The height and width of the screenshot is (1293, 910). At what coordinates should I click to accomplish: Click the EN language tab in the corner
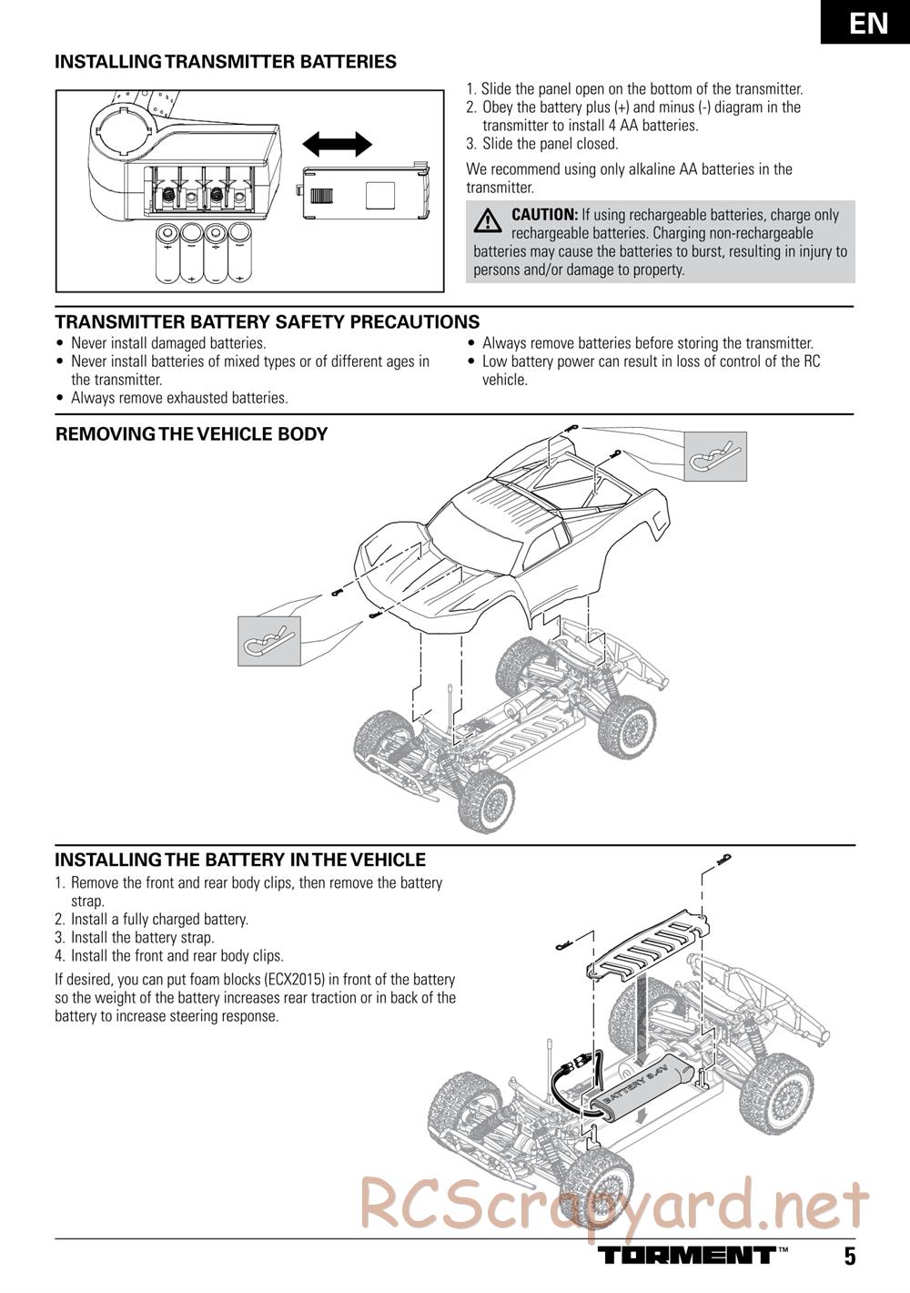[x=865, y=22]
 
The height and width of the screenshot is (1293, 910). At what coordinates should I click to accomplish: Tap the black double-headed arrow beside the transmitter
[x=337, y=144]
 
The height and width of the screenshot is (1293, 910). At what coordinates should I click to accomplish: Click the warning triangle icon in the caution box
[x=488, y=220]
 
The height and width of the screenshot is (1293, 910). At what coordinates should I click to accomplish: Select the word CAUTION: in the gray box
[x=544, y=215]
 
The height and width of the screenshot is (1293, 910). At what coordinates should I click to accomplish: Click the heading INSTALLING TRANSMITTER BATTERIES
[x=226, y=62]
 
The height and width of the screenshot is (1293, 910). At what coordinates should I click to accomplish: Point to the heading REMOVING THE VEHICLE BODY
[x=192, y=434]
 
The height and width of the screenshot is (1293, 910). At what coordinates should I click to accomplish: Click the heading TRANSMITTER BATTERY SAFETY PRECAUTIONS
[x=268, y=321]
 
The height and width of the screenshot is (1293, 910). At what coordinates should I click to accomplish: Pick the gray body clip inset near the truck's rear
[x=715, y=456]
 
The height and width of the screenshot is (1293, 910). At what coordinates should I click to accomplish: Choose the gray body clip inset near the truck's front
[x=268, y=641]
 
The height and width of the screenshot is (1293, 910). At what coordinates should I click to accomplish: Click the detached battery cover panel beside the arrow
[x=365, y=191]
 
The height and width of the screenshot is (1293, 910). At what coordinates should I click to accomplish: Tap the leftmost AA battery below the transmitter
[x=167, y=254]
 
